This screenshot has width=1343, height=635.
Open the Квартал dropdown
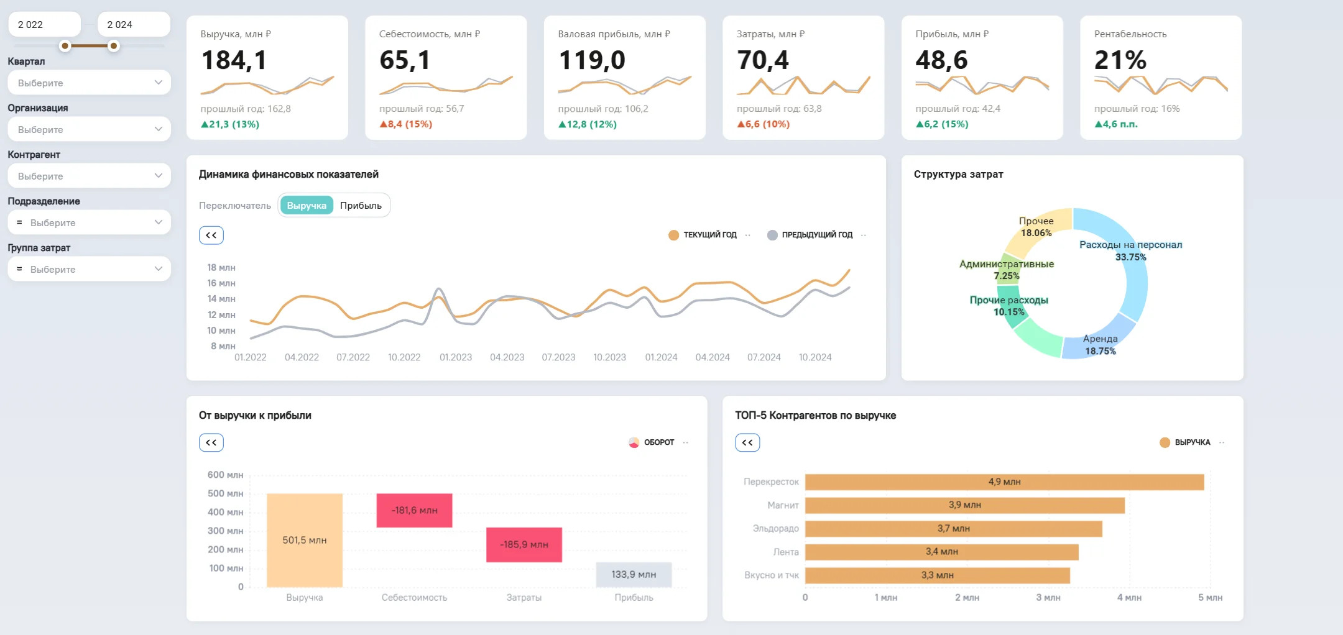tap(89, 83)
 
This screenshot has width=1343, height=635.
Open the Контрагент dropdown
tap(89, 176)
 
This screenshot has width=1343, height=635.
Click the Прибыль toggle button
tap(361, 206)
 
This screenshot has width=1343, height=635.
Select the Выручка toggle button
tap(307, 206)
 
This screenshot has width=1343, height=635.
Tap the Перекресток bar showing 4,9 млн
tap(1004, 482)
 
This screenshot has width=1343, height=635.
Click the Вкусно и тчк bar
tap(937, 575)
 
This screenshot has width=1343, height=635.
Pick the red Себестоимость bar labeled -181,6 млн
tap(414, 511)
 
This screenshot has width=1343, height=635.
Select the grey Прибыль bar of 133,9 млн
tap(634, 575)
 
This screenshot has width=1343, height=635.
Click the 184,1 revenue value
tap(234, 60)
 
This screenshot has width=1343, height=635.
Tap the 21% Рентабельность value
tap(1120, 60)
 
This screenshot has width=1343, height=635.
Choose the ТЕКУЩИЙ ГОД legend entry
tap(703, 235)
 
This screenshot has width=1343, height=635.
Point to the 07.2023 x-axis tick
tap(558, 357)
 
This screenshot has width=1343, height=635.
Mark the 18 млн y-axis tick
tap(221, 268)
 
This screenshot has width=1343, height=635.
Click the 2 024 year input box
tap(134, 24)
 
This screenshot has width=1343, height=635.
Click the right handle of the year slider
tap(114, 46)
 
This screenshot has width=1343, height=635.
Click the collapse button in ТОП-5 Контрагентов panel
tap(747, 442)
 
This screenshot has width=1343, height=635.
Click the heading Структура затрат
tap(958, 175)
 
